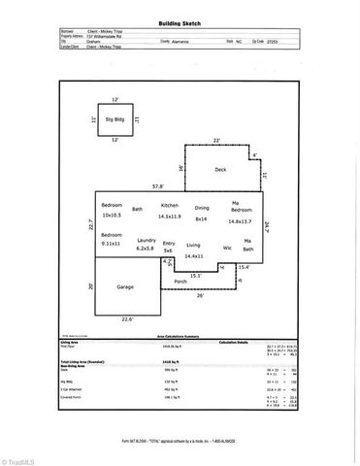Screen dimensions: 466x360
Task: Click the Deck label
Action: point(220,169)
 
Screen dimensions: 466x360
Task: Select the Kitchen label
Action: point(171,206)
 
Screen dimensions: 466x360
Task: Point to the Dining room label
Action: point(202,209)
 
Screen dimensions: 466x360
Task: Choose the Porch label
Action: point(180,282)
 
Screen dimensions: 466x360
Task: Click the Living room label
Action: point(193,246)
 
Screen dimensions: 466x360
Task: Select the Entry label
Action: point(169,243)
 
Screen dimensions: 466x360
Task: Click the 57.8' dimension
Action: point(143,183)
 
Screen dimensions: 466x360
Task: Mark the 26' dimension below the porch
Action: point(201,297)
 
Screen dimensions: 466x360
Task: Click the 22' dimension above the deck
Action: point(217,142)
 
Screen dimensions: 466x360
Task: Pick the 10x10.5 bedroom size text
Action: point(114,216)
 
